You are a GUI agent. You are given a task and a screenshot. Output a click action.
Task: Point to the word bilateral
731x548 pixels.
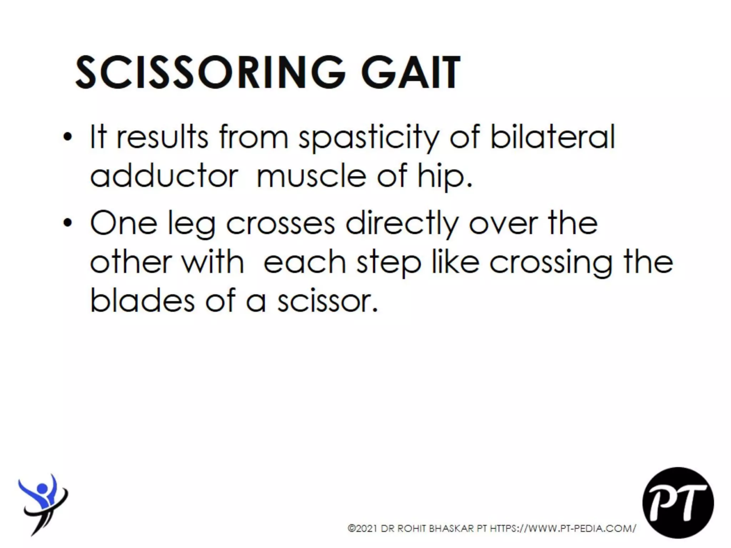click(553, 137)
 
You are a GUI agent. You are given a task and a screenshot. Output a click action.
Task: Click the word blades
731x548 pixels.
click(142, 301)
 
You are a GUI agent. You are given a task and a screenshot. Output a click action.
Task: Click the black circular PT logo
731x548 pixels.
click(678, 502)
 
